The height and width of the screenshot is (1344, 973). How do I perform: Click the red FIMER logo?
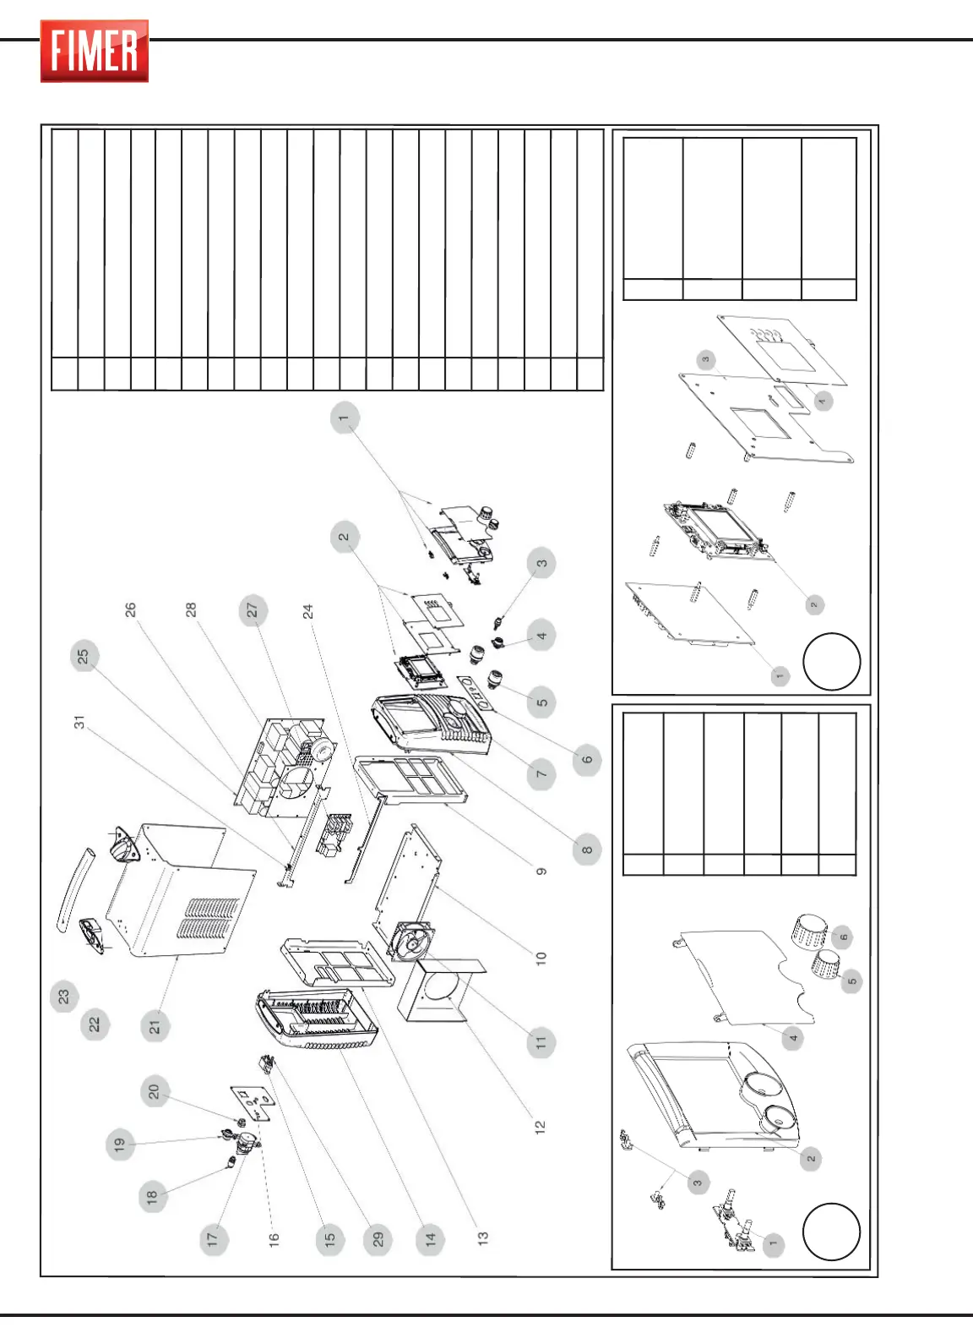point(95,51)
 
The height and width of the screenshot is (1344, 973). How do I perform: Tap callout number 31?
point(79,723)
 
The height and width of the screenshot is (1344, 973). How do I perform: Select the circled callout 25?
point(84,657)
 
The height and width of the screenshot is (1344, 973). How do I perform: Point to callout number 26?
point(131,609)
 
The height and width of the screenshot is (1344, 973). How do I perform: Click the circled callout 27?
point(252,610)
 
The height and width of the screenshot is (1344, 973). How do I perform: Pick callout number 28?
point(191,609)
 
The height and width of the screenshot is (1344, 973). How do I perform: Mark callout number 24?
point(308,610)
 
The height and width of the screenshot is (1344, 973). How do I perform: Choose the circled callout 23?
point(64,997)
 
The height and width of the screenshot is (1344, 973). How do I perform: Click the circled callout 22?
point(95,1024)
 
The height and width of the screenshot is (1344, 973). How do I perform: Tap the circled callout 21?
point(155,1027)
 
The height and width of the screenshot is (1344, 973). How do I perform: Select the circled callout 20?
point(154,1091)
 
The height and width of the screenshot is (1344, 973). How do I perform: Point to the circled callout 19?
point(120,1145)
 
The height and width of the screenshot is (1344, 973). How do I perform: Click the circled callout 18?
point(152,1196)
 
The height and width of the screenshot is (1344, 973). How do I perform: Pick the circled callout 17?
point(212,1239)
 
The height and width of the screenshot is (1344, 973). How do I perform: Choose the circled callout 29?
point(378,1239)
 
